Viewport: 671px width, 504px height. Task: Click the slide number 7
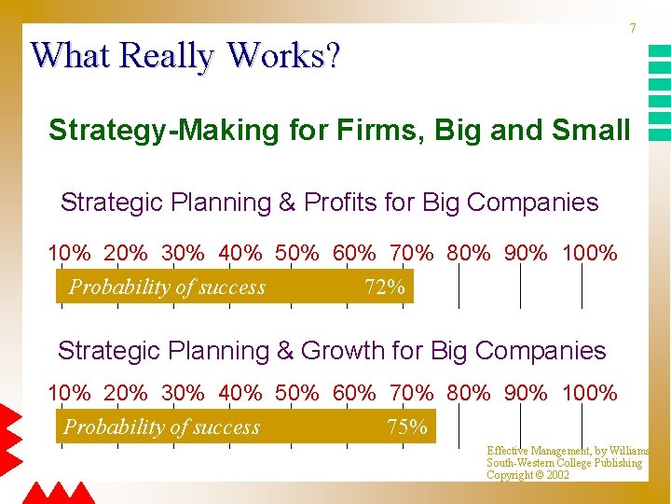coord(633,29)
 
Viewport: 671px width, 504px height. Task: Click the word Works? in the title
coord(283,56)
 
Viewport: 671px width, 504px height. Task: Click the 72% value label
coord(385,287)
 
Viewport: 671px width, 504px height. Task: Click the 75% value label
coord(407,427)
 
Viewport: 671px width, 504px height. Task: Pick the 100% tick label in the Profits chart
coord(590,253)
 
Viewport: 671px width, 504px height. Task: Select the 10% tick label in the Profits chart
coord(70,253)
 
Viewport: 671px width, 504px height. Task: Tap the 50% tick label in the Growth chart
coord(298,393)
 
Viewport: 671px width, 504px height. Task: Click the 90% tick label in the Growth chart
coord(527,393)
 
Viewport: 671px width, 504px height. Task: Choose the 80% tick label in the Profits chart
coord(469,253)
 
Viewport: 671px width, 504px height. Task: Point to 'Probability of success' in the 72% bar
coord(168,287)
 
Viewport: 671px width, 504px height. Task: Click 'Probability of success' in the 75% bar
coord(161,427)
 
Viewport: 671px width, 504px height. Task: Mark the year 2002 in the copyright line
coord(557,475)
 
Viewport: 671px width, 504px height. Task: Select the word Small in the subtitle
coord(591,131)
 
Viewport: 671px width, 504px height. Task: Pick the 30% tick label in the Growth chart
coord(184,393)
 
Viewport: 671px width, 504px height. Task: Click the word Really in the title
coord(167,56)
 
